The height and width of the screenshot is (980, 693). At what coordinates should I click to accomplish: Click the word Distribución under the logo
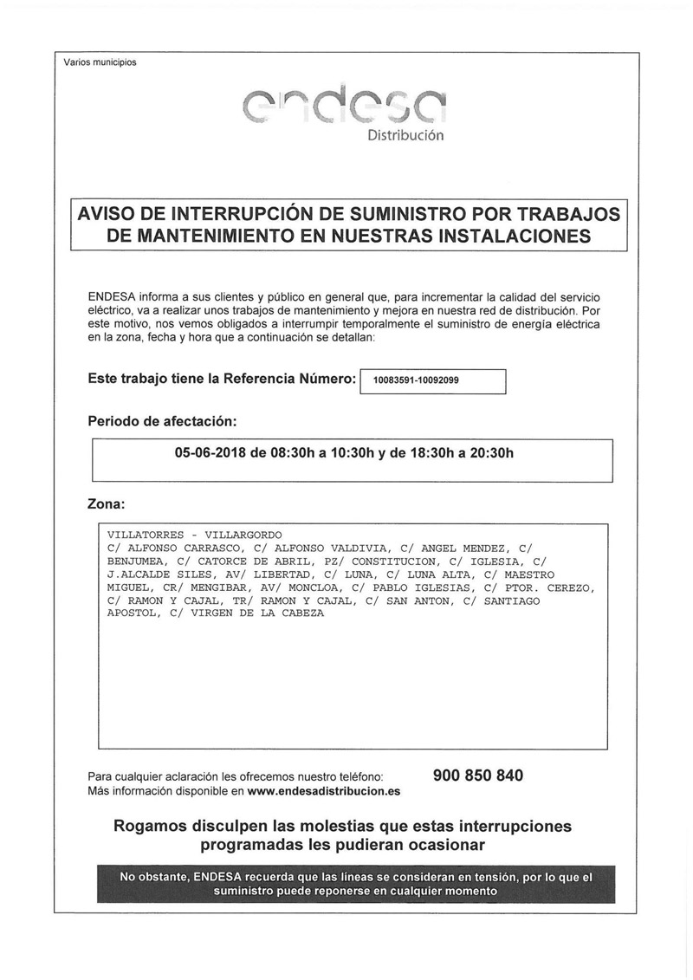click(405, 135)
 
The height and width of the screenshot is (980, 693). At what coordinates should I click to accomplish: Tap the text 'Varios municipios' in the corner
click(100, 62)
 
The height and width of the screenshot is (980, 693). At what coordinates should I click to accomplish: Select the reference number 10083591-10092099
click(417, 380)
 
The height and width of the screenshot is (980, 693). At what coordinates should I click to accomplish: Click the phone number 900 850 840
click(477, 776)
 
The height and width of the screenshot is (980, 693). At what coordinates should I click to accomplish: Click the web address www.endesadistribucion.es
click(324, 791)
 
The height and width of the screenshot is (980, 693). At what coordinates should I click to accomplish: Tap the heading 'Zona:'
click(107, 503)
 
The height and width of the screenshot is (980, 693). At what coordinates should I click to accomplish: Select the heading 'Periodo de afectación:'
click(162, 421)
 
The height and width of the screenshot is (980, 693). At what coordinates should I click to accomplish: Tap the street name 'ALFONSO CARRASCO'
click(184, 548)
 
